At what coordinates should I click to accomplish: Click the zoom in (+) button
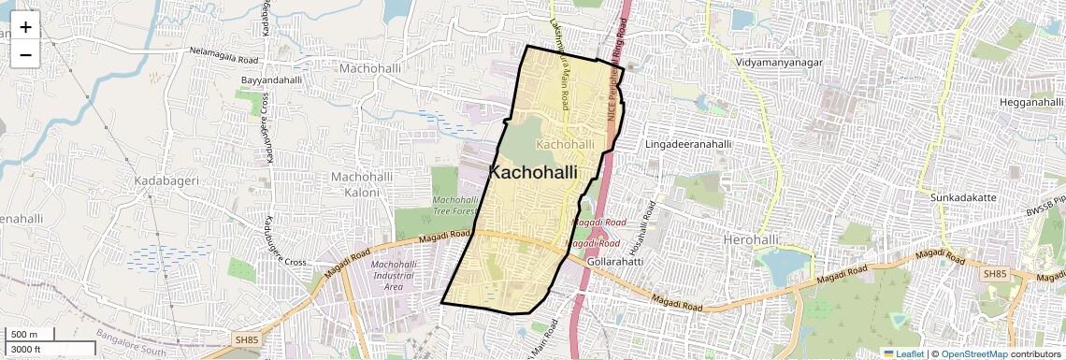click(25, 26)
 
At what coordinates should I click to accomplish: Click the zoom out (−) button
click(25, 54)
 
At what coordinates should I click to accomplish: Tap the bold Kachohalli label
click(533, 172)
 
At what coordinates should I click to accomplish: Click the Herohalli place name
click(756, 240)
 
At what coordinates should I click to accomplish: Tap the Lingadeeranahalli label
click(689, 145)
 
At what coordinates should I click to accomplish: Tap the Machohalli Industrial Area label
click(393, 276)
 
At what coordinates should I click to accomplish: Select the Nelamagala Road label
click(223, 56)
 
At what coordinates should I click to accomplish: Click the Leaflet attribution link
click(903, 353)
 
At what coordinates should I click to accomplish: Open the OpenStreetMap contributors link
click(1001, 353)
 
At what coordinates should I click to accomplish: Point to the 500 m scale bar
click(27, 334)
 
